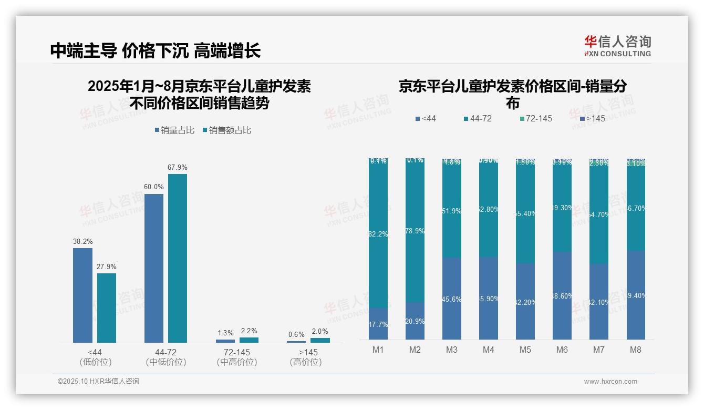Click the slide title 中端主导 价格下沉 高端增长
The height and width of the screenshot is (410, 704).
[156, 50]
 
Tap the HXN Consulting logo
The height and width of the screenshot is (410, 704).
[617, 46]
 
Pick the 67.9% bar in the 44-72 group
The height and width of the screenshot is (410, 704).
[178, 258]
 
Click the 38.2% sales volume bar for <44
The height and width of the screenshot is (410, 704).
[82, 295]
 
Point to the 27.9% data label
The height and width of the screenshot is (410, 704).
[107, 266]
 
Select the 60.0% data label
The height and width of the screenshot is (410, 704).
[154, 187]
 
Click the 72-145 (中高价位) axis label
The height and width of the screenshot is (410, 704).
[236, 357]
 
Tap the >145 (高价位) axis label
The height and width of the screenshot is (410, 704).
[305, 357]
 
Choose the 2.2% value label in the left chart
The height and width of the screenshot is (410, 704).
[249, 331]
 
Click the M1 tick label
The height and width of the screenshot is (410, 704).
[378, 350]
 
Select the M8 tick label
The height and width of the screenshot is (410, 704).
[635, 350]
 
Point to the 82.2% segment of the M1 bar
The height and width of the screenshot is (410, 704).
[378, 234]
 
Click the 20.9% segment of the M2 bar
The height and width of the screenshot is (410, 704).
[415, 321]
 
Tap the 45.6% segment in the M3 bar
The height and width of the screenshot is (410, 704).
[452, 299]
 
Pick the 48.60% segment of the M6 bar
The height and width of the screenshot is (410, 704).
[562, 295]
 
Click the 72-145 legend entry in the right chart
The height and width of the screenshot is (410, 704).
[535, 119]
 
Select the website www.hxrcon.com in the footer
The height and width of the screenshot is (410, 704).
[610, 382]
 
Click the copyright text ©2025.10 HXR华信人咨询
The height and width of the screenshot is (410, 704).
[98, 382]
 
